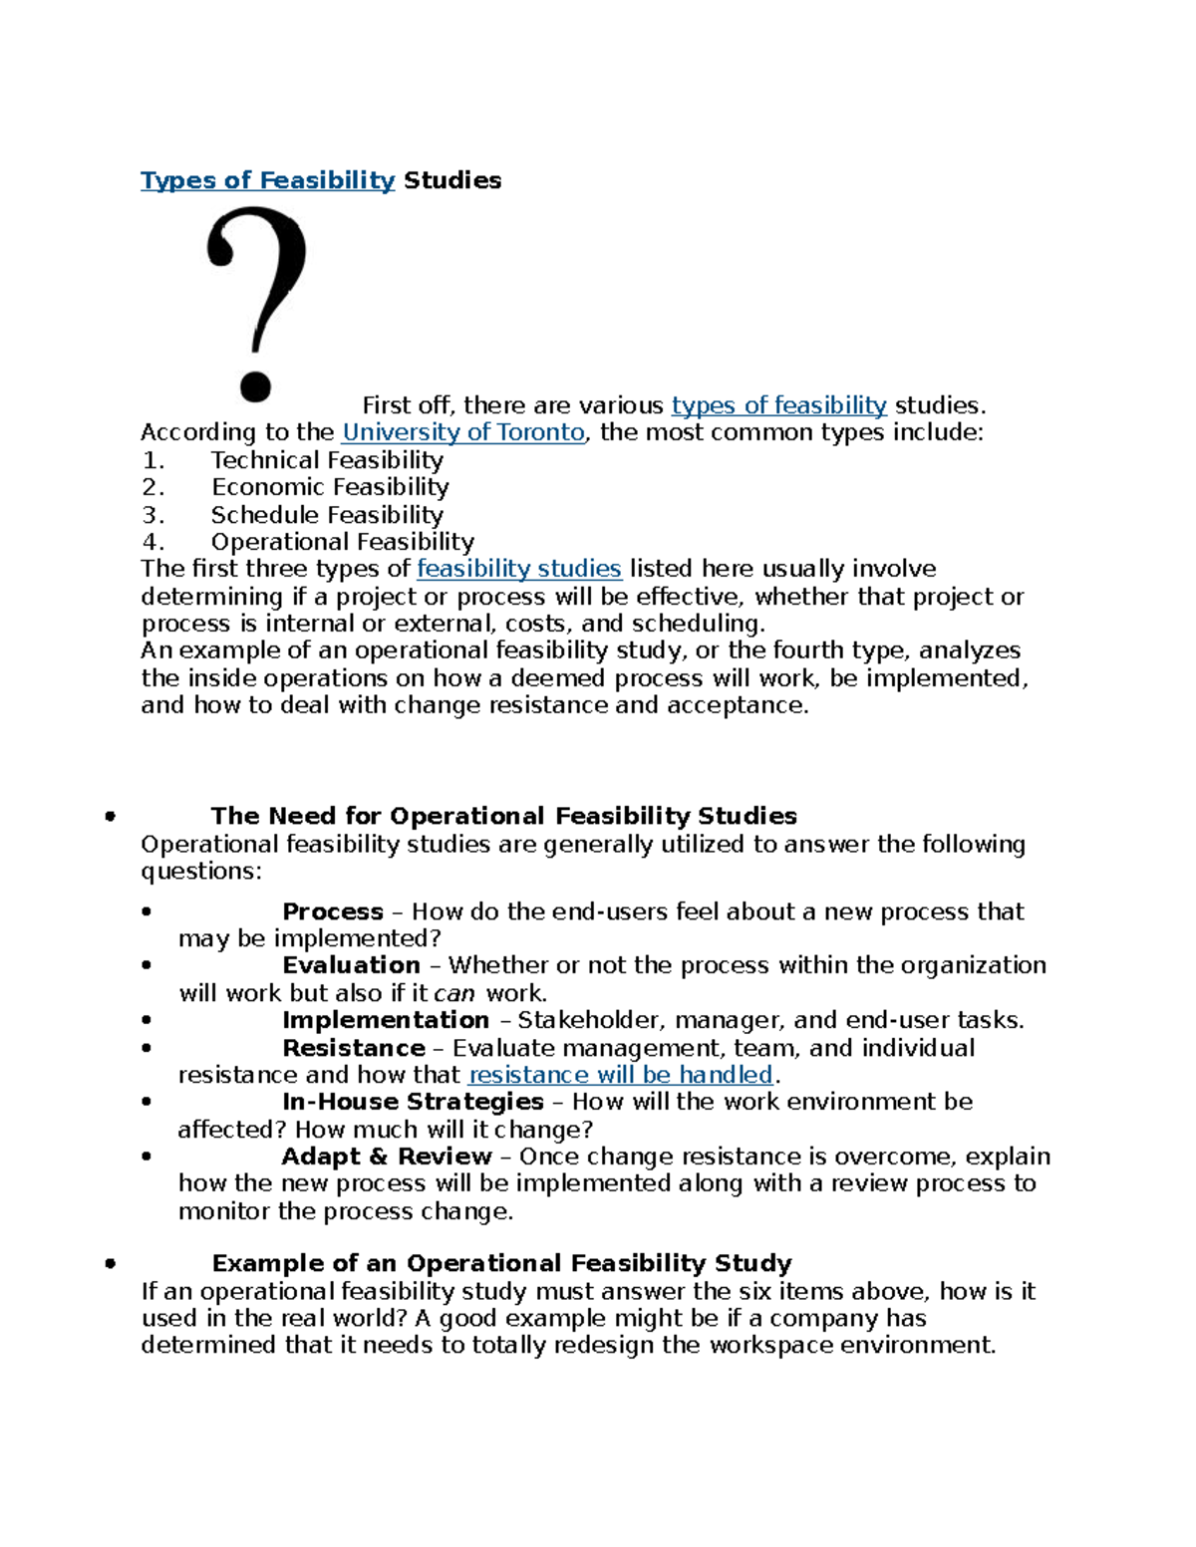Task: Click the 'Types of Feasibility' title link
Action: click(x=267, y=180)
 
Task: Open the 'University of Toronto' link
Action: click(x=462, y=432)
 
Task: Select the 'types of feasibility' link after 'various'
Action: click(x=778, y=405)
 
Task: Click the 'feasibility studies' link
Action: click(x=518, y=569)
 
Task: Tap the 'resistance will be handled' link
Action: click(x=620, y=1075)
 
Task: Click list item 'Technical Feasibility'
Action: click(x=327, y=460)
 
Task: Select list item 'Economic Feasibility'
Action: click(x=330, y=487)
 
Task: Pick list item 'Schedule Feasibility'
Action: click(x=327, y=515)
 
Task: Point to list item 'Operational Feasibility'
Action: click(x=342, y=542)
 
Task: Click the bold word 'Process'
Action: click(x=333, y=911)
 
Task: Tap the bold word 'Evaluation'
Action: click(x=351, y=965)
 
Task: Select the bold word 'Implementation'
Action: click(x=386, y=1020)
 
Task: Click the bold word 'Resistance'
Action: click(x=354, y=1048)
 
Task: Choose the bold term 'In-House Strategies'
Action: click(x=413, y=1102)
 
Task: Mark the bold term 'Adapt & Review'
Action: click(x=387, y=1157)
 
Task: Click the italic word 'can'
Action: click(x=453, y=993)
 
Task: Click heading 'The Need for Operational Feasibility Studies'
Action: click(x=503, y=816)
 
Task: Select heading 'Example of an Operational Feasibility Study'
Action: click(x=501, y=1263)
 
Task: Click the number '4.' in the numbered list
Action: click(x=152, y=542)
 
